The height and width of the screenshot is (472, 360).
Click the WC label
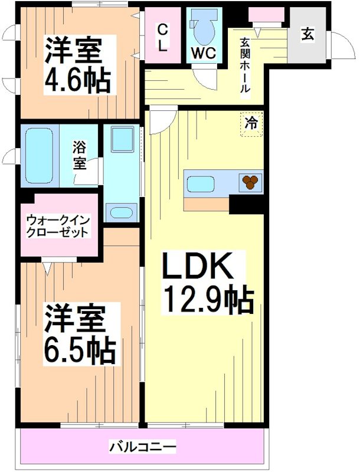(203, 52)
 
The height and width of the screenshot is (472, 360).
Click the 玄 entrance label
(307, 34)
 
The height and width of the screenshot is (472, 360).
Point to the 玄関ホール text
(244, 65)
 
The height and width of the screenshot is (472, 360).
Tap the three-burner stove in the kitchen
(250, 182)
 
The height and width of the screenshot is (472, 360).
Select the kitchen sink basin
(201, 185)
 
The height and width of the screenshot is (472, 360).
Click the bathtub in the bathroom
(40, 155)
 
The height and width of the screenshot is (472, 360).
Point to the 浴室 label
(79, 155)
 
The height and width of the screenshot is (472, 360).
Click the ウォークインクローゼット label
(58, 226)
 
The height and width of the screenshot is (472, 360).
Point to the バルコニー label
(142, 447)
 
